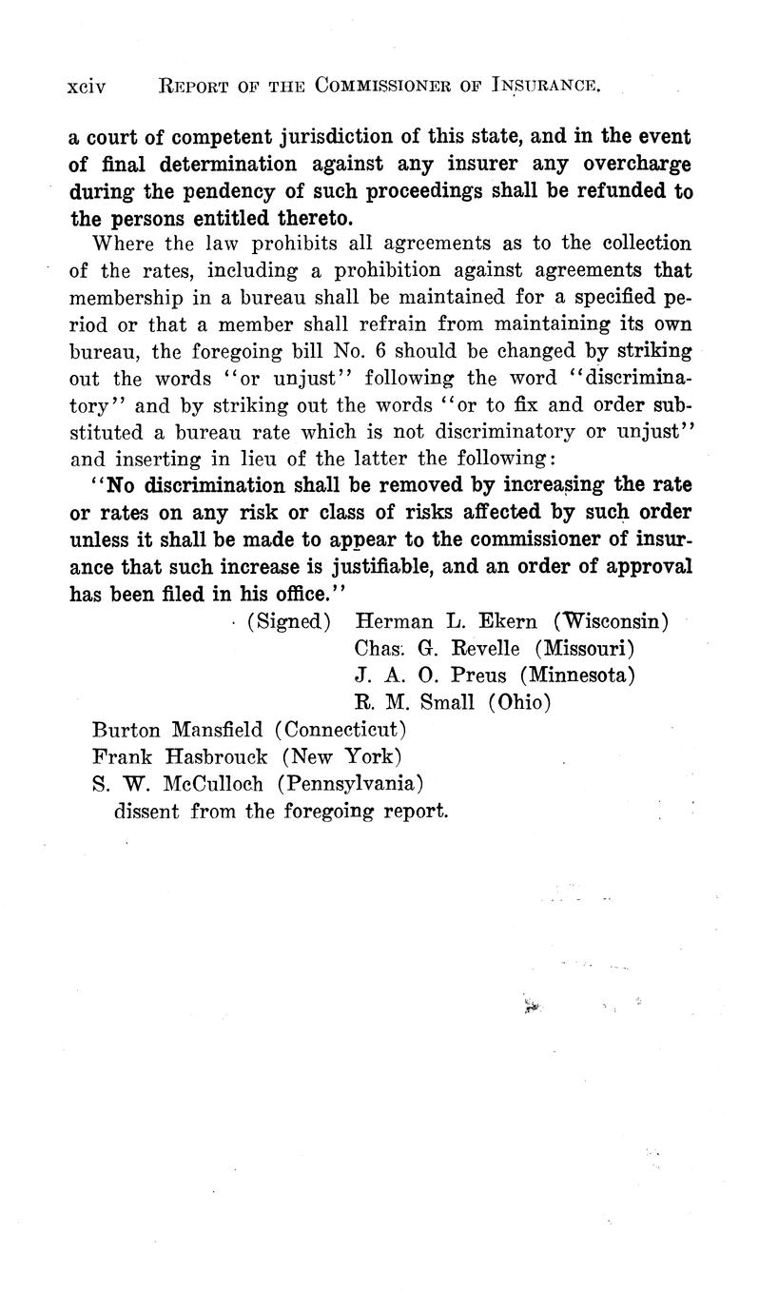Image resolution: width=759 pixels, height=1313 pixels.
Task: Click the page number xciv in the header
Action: click(x=86, y=87)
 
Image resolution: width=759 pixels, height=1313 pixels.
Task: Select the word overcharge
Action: click(x=635, y=164)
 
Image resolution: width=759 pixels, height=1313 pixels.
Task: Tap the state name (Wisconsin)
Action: click(x=611, y=622)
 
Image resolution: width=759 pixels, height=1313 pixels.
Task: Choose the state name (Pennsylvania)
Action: click(x=351, y=785)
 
